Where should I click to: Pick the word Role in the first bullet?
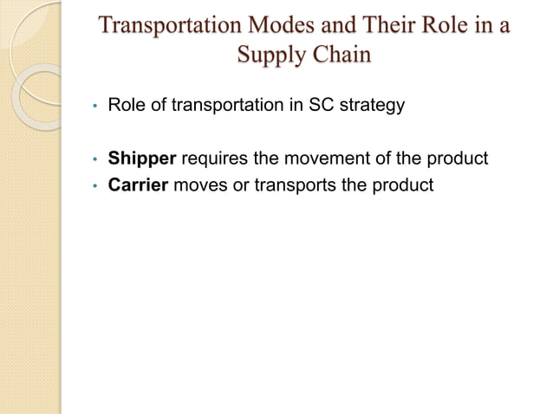point(126,107)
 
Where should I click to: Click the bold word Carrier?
point(137,184)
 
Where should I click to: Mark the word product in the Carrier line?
point(402,184)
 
